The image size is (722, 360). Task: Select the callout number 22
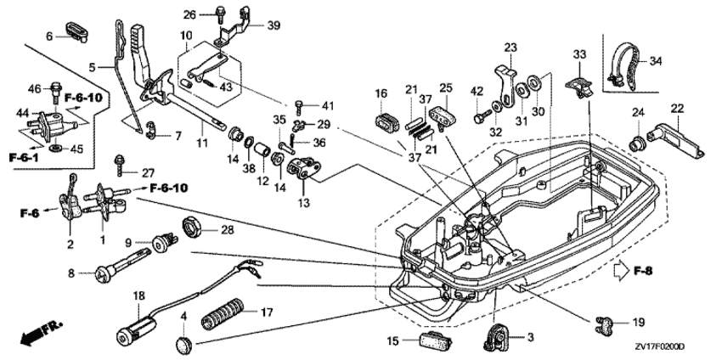click(x=677, y=108)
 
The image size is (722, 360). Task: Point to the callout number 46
click(x=35, y=88)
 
